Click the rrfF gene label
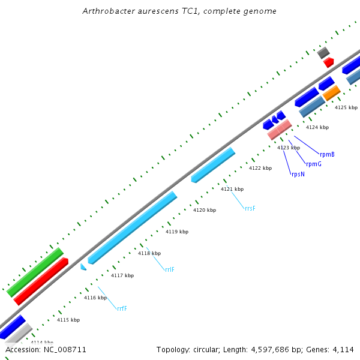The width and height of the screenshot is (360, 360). pos(122,308)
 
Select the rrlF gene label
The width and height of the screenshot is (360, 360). pos(170,269)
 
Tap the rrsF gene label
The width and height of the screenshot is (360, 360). pos(250,208)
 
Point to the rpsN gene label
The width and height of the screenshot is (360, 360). pos(298,174)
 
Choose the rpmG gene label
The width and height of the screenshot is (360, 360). pos(313,164)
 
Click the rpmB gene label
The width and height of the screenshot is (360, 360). pos(327,154)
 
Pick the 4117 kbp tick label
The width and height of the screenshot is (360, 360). pos(122,275)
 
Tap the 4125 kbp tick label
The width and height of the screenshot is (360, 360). pos(346,107)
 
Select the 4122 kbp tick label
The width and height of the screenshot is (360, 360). pos(260,168)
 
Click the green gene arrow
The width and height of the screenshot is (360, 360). pos(35,272)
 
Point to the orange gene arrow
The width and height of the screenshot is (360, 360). pos(331,93)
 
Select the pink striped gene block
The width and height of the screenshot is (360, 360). pos(280,130)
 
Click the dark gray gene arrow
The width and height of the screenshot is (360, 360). pos(323,52)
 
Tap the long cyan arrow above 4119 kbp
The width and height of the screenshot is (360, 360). pos(132,228)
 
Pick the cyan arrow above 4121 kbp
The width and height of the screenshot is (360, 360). pos(213,164)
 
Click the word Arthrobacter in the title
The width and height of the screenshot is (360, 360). pos(106,11)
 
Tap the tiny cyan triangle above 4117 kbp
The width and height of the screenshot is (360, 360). pos(83,266)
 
